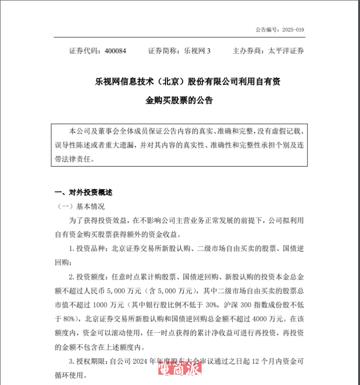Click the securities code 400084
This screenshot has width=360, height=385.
(115, 51)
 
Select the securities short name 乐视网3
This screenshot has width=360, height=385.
(195, 51)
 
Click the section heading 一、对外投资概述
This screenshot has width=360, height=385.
(83, 193)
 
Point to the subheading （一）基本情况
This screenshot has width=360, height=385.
(81, 207)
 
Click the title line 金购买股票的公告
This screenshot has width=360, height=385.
(179, 100)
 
